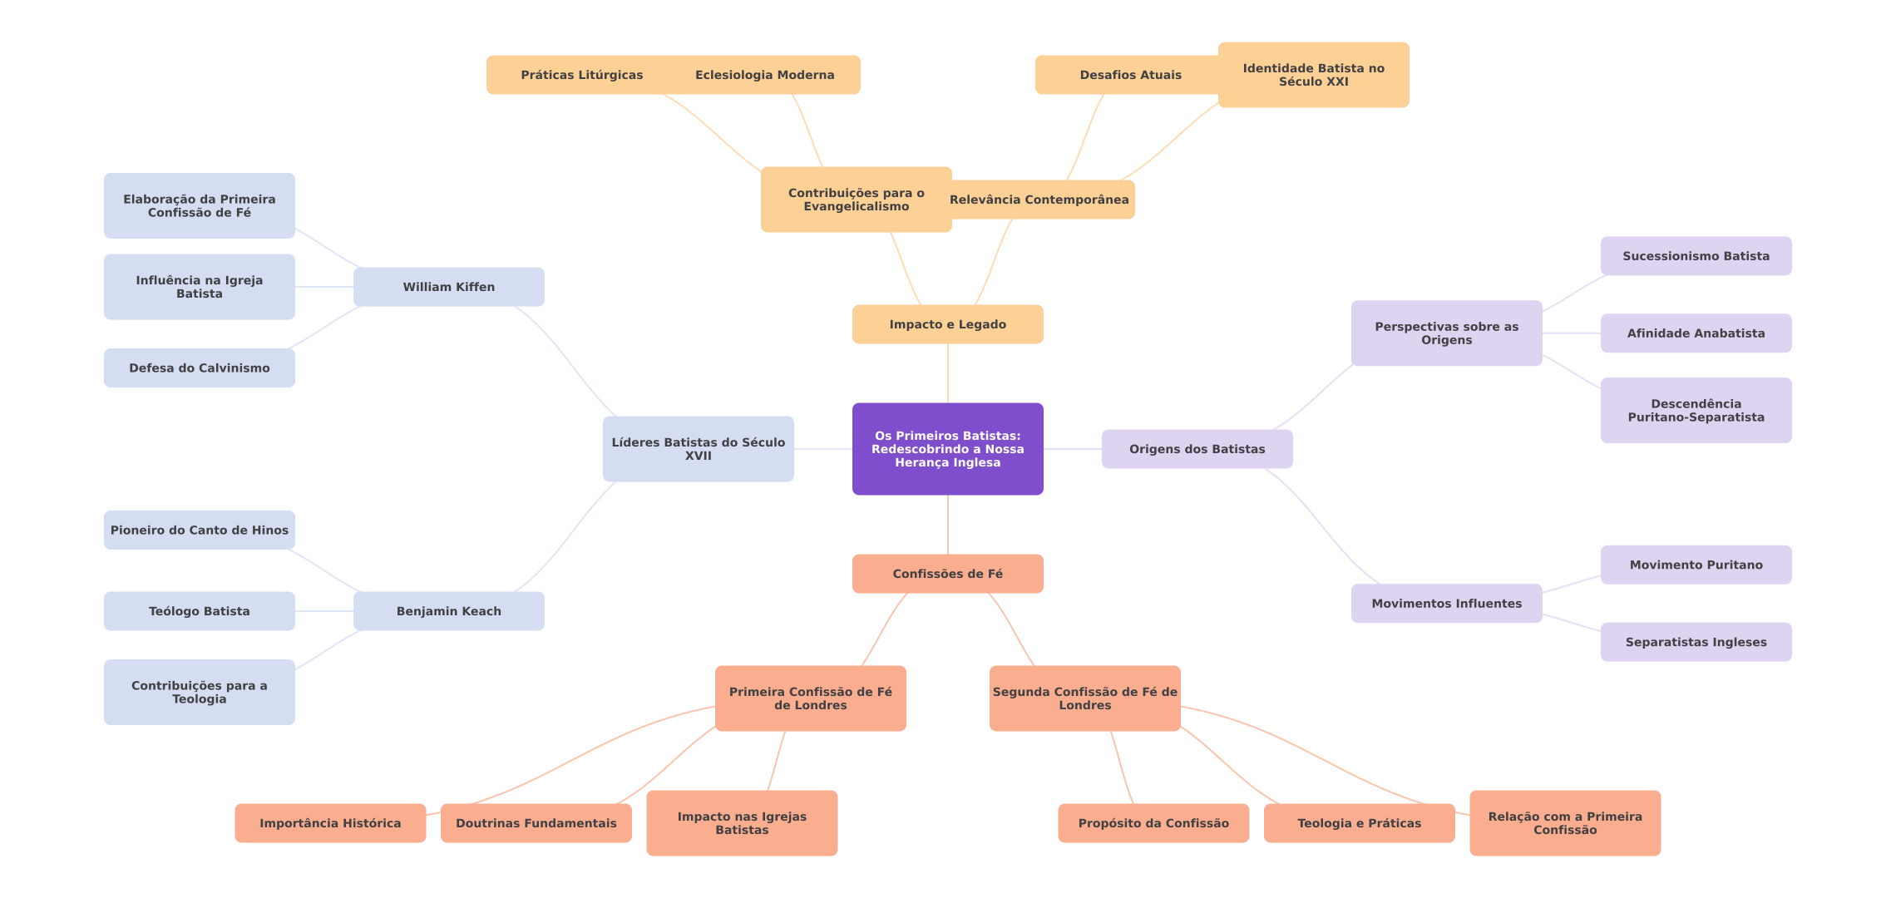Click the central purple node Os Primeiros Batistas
pos(948,449)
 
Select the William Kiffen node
pos(449,287)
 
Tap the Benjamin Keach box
pos(449,611)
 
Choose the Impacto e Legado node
pos(948,324)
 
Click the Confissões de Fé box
pos(948,574)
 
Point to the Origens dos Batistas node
pos(1197,449)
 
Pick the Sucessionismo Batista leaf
pos(1696,256)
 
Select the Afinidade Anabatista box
pos(1696,333)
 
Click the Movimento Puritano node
pos(1696,565)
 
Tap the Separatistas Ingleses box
pos(1696,642)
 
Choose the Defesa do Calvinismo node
pos(200,368)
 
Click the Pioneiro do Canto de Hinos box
pos(200,530)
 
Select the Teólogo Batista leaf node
pos(200,611)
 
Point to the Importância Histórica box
pos(330,823)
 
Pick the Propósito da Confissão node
pos(1153,823)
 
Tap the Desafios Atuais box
pos(1130,75)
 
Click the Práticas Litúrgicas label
pos(582,75)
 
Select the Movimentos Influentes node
pos(1446,604)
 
